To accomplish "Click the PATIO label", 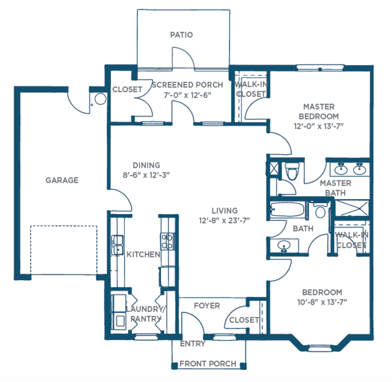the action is click(182, 35).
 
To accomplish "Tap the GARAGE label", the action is click(62, 180).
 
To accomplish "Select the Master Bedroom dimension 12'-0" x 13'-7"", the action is click(319, 126).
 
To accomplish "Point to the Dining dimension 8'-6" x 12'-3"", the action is click(146, 175).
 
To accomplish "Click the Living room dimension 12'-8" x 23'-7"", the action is click(225, 221).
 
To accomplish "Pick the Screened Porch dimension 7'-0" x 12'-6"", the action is click(188, 95).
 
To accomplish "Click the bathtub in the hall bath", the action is click(288, 209).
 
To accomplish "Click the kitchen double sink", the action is click(117, 245).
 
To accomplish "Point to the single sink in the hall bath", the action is click(284, 245).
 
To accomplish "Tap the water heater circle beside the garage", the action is click(100, 99).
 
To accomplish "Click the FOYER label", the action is click(207, 305).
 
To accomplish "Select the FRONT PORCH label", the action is click(208, 363).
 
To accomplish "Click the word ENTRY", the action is click(193, 344).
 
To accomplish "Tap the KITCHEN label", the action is click(143, 254).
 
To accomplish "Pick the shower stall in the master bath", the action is click(352, 208).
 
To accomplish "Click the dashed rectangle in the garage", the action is click(64, 250).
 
